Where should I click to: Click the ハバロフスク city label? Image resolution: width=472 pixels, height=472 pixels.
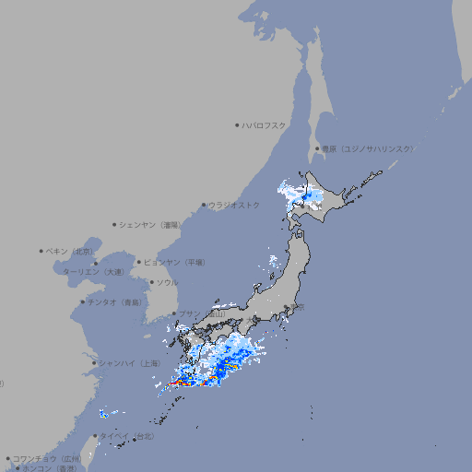(x=265, y=124)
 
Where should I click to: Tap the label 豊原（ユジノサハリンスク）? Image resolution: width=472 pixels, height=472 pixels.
(x=367, y=148)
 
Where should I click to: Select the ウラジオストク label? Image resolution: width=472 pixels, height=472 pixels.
(x=234, y=205)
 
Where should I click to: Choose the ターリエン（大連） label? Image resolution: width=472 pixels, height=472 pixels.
(x=93, y=272)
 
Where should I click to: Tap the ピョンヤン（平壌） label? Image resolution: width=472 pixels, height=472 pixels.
(x=176, y=262)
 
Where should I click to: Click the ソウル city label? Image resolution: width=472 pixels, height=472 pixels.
(x=167, y=282)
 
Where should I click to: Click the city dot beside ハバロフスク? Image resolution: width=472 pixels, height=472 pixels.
(x=237, y=124)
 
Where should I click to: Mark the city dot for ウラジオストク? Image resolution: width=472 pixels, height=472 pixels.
(x=204, y=205)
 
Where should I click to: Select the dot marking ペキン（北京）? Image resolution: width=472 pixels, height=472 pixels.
(x=41, y=251)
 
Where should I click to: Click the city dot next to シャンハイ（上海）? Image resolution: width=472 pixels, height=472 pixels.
(x=94, y=363)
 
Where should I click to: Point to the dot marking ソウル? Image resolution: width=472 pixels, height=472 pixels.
(x=150, y=282)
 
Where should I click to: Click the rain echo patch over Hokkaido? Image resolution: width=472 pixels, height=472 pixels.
(x=303, y=195)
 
